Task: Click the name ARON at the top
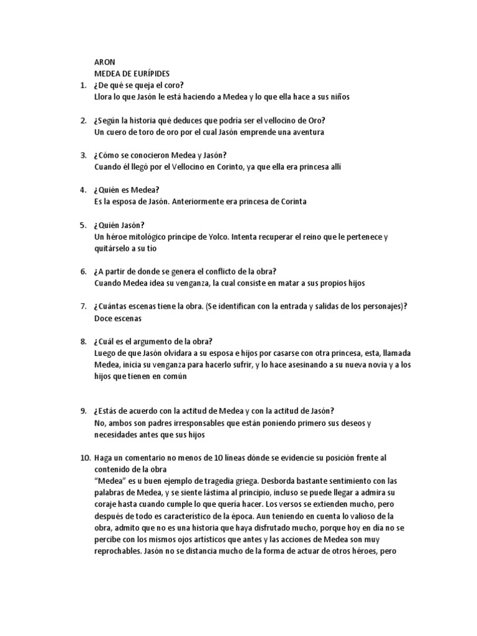[104, 62]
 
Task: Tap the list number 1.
[83, 85]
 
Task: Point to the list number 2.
[83, 120]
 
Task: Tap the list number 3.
[83, 155]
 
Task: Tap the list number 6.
[83, 271]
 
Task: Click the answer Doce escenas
[117, 318]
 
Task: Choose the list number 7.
[83, 306]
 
